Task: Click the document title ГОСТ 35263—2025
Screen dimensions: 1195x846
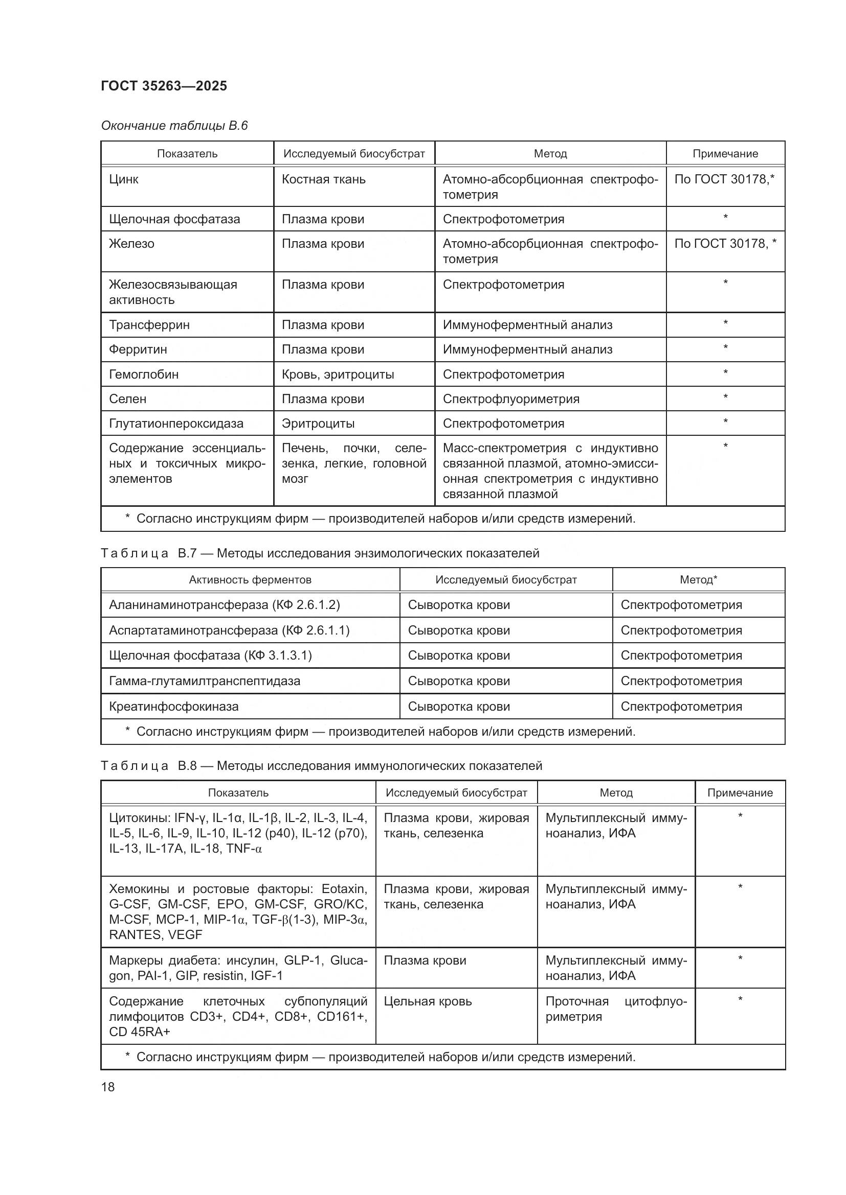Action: [164, 86]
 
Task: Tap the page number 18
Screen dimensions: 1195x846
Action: [108, 1087]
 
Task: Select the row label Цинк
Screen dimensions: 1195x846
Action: [124, 179]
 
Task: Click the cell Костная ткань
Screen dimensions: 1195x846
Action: [323, 179]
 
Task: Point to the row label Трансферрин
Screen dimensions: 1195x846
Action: [149, 325]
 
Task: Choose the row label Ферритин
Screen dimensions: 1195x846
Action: [138, 349]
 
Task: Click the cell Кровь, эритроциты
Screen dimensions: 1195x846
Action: [338, 374]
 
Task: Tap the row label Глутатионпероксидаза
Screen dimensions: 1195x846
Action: [176, 423]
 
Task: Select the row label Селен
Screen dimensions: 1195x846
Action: [128, 399]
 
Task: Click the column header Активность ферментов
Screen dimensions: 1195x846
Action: [250, 580]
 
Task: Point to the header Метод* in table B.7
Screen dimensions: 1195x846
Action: [698, 580]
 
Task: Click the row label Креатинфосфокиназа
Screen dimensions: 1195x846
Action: [173, 706]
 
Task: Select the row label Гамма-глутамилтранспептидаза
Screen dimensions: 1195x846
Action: [204, 681]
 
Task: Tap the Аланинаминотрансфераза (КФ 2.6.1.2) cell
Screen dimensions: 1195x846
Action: [224, 605]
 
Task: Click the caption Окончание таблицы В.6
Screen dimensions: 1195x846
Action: [174, 126]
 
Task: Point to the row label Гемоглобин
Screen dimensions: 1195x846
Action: [144, 374]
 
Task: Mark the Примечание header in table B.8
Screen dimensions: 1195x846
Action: [740, 793]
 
